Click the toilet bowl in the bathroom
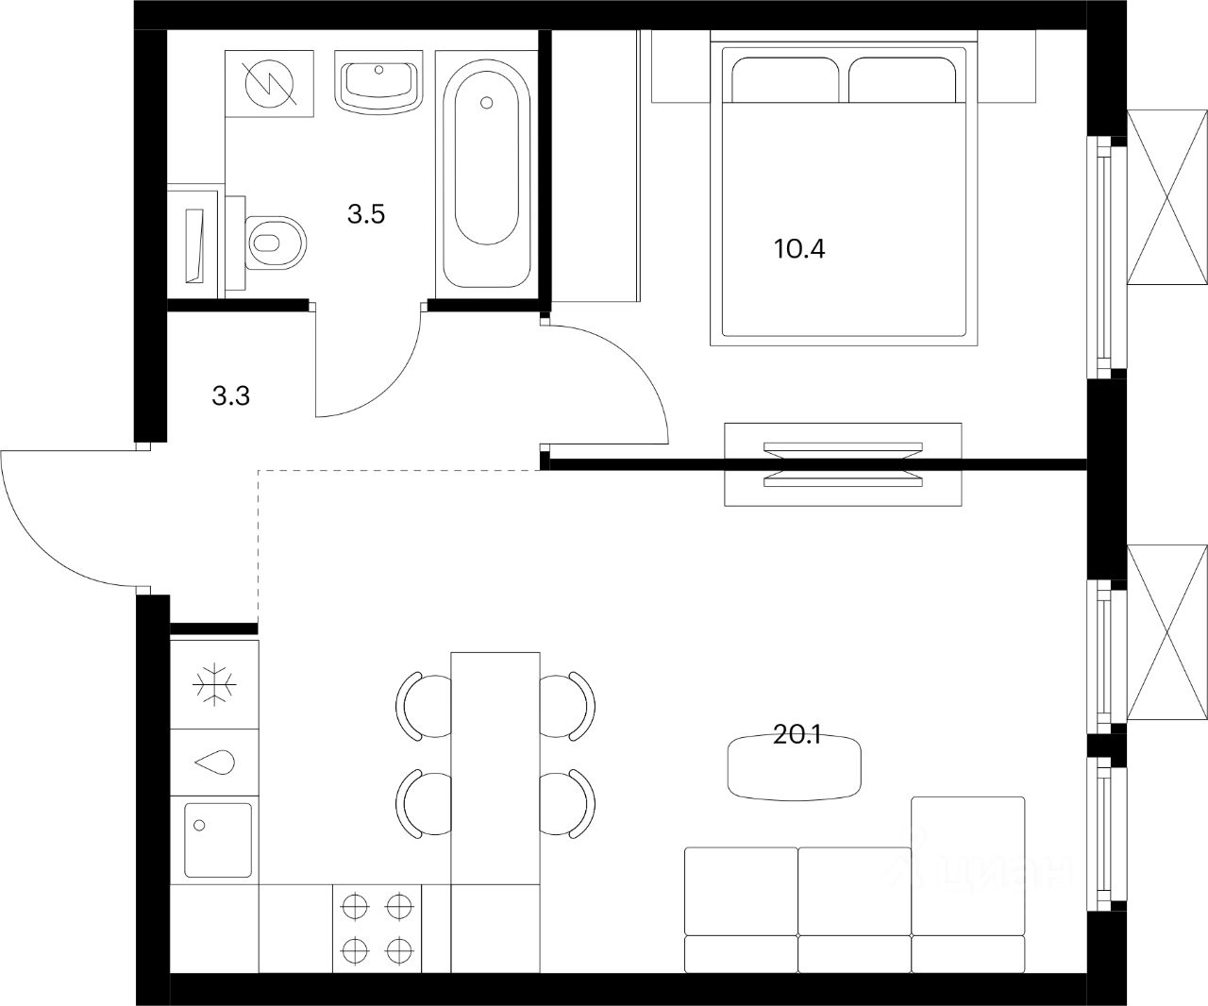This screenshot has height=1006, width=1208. (x=277, y=242)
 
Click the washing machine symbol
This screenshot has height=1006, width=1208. (x=270, y=83)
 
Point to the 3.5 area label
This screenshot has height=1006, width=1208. (x=366, y=215)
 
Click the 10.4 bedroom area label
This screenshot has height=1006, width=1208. (x=799, y=250)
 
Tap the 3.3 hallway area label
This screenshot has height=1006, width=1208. (x=230, y=396)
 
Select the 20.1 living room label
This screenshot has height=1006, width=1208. (x=797, y=736)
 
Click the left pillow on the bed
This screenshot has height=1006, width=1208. (x=785, y=79)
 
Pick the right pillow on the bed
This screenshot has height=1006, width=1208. (x=903, y=79)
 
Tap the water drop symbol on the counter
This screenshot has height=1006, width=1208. (x=214, y=763)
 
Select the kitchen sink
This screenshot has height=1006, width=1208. (x=218, y=840)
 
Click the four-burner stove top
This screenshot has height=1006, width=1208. (x=377, y=927)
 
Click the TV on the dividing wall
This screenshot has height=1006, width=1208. (x=843, y=464)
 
